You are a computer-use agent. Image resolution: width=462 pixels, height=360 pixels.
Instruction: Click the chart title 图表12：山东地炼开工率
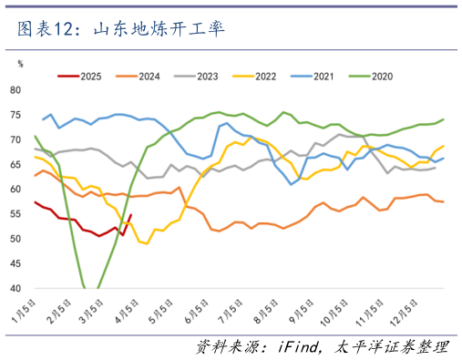pyautogui.click(x=120, y=29)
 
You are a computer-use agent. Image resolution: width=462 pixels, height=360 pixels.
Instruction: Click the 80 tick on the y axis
pyautogui.click(x=15, y=90)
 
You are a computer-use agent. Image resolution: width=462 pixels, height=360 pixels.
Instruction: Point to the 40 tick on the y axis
pyautogui.click(x=15, y=289)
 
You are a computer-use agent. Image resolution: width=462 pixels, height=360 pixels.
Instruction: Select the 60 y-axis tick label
pyautogui.click(x=15, y=190)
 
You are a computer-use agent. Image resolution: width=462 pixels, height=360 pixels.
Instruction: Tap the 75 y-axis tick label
pyautogui.click(x=15, y=115)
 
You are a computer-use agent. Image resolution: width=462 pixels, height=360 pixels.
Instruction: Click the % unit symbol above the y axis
pyautogui.click(x=20, y=63)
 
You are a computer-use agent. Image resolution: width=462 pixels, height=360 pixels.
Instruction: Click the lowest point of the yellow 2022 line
pyautogui.click(x=146, y=243)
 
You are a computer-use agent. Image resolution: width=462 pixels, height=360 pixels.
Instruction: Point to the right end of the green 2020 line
pyautogui.click(x=444, y=119)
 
